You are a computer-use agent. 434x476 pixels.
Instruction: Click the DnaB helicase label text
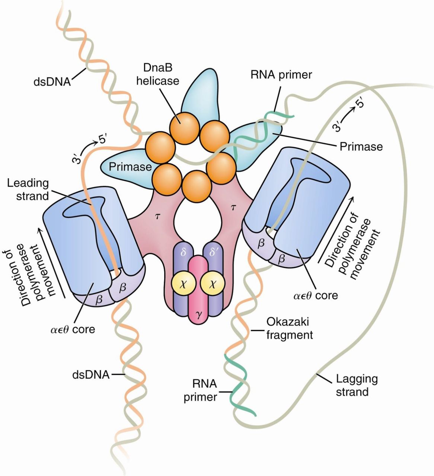tap(157, 74)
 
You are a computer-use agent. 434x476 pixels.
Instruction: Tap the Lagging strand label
tap(352, 385)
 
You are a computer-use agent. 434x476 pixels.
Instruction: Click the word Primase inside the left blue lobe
tap(130, 166)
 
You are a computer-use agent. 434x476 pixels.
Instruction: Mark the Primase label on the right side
tap(361, 146)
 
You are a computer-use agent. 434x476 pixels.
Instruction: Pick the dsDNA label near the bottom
tap(91, 374)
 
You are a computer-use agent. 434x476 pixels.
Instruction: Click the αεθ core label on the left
tap(73, 329)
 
